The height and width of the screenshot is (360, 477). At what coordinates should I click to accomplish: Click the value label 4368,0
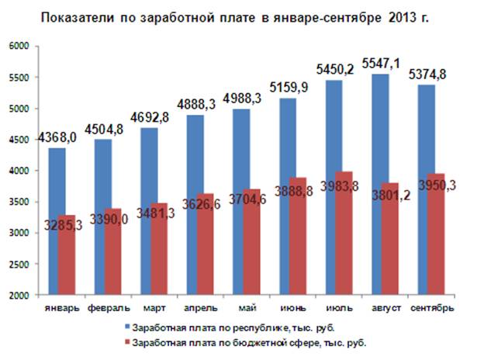coord(59,138)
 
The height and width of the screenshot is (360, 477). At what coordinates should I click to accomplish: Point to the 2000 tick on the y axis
coord(18,296)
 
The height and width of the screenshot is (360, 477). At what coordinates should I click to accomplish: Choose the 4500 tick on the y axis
coord(18,140)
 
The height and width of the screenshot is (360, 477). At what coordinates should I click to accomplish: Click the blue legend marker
coord(126,326)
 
